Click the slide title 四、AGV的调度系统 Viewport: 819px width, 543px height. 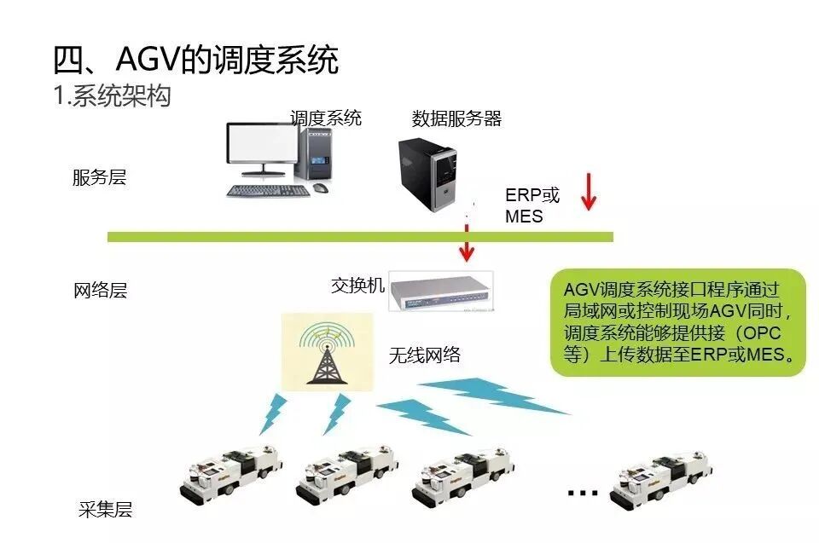click(x=195, y=61)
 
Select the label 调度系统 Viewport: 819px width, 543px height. click(x=325, y=118)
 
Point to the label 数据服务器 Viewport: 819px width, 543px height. click(x=456, y=118)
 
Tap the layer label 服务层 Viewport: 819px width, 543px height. click(x=99, y=178)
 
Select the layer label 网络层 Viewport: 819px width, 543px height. click(x=100, y=290)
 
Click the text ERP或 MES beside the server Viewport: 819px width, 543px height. click(x=531, y=205)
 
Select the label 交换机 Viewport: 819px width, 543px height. click(x=358, y=285)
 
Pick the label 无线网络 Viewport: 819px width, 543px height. click(x=425, y=355)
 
